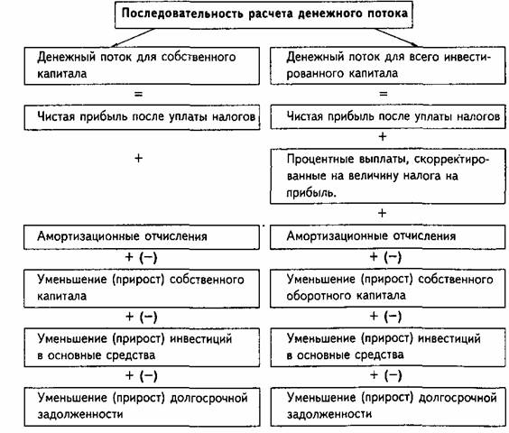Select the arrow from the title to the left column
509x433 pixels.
tap(134, 38)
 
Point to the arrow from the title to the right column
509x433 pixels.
tap(396, 37)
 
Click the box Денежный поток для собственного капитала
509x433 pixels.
tap(142, 66)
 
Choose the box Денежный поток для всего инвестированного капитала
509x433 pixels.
tap(387, 66)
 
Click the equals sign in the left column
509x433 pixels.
tap(138, 95)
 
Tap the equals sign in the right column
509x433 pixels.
tap(384, 94)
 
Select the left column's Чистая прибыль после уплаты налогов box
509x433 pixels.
tap(142, 117)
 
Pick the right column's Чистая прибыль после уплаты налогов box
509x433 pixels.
tap(388, 117)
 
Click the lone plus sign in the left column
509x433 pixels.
tap(138, 158)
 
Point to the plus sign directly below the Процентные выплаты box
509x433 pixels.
tap(382, 213)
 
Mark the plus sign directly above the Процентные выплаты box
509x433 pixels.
tap(383, 136)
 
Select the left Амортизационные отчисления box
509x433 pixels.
tap(142, 237)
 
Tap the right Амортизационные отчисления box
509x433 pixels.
tap(387, 237)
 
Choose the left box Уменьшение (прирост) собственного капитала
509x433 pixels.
tap(142, 289)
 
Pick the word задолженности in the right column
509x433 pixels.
tap(329, 414)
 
